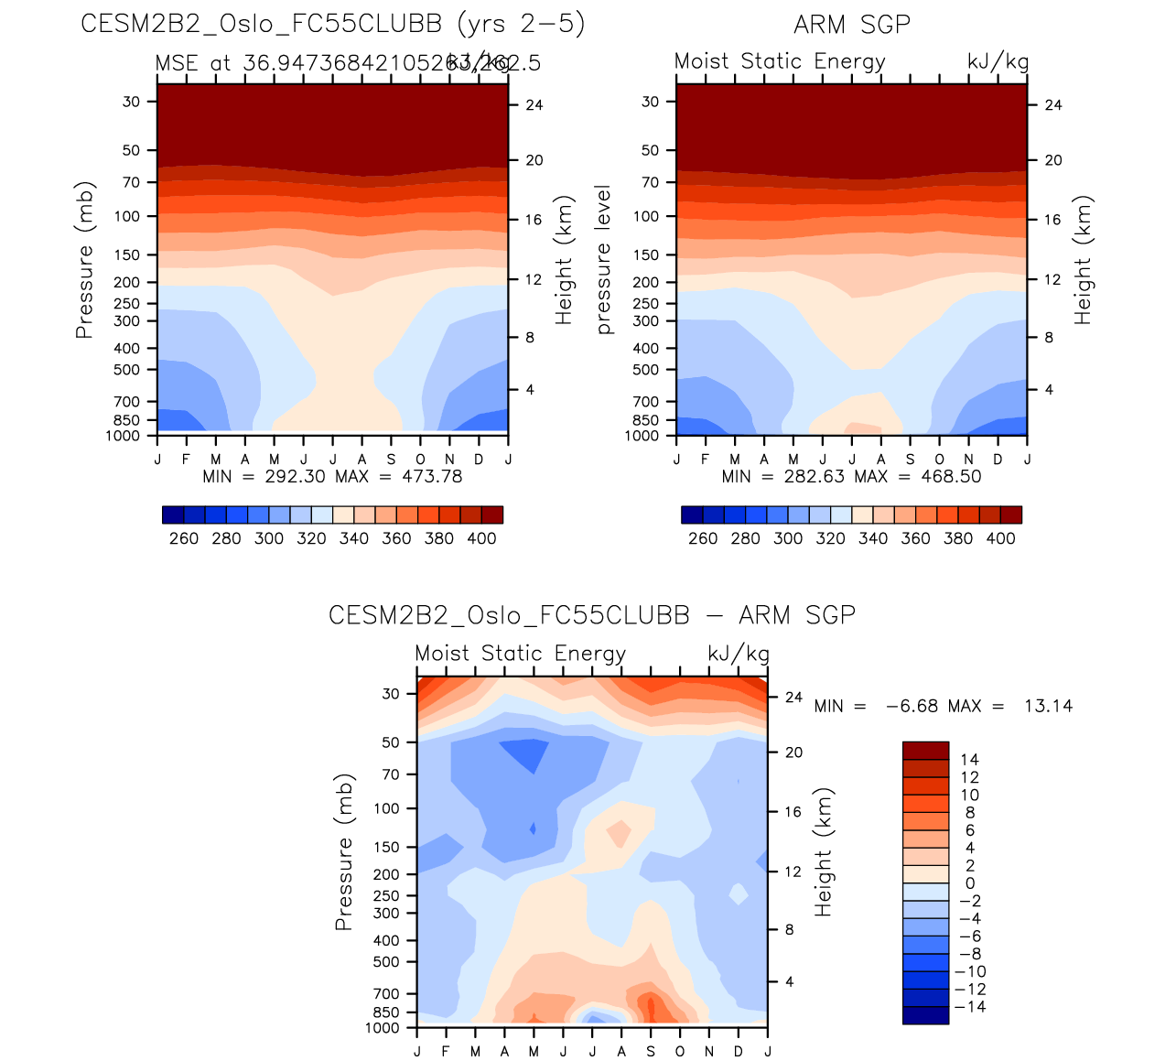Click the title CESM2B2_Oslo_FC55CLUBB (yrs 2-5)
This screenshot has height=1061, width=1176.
click(x=332, y=24)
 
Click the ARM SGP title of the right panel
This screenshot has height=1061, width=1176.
click(x=852, y=25)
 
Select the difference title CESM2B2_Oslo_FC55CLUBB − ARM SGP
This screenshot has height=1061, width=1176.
click(x=592, y=615)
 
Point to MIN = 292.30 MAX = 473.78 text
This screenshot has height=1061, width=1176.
click(x=332, y=476)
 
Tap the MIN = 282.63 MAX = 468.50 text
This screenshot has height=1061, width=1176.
click(x=851, y=476)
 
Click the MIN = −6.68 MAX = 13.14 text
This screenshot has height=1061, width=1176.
click(x=943, y=706)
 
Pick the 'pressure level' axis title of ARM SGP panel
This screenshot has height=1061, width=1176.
click(x=603, y=260)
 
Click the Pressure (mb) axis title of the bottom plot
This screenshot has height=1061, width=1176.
click(x=344, y=852)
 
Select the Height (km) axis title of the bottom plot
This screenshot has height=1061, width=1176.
click(x=824, y=852)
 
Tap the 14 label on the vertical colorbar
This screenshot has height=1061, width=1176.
click(x=969, y=759)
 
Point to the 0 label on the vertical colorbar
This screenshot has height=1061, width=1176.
click(x=970, y=883)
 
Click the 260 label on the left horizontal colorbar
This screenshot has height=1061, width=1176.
click(x=184, y=538)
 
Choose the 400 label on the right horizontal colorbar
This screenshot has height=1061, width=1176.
click(x=1000, y=538)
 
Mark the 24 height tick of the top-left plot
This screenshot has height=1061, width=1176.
click(x=534, y=105)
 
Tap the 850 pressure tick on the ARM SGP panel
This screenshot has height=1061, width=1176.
click(x=646, y=420)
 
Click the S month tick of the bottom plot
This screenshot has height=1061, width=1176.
click(x=651, y=1051)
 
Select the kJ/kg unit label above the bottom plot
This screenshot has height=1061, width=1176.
click(x=738, y=654)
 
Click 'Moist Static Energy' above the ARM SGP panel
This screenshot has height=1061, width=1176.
click(x=780, y=61)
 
